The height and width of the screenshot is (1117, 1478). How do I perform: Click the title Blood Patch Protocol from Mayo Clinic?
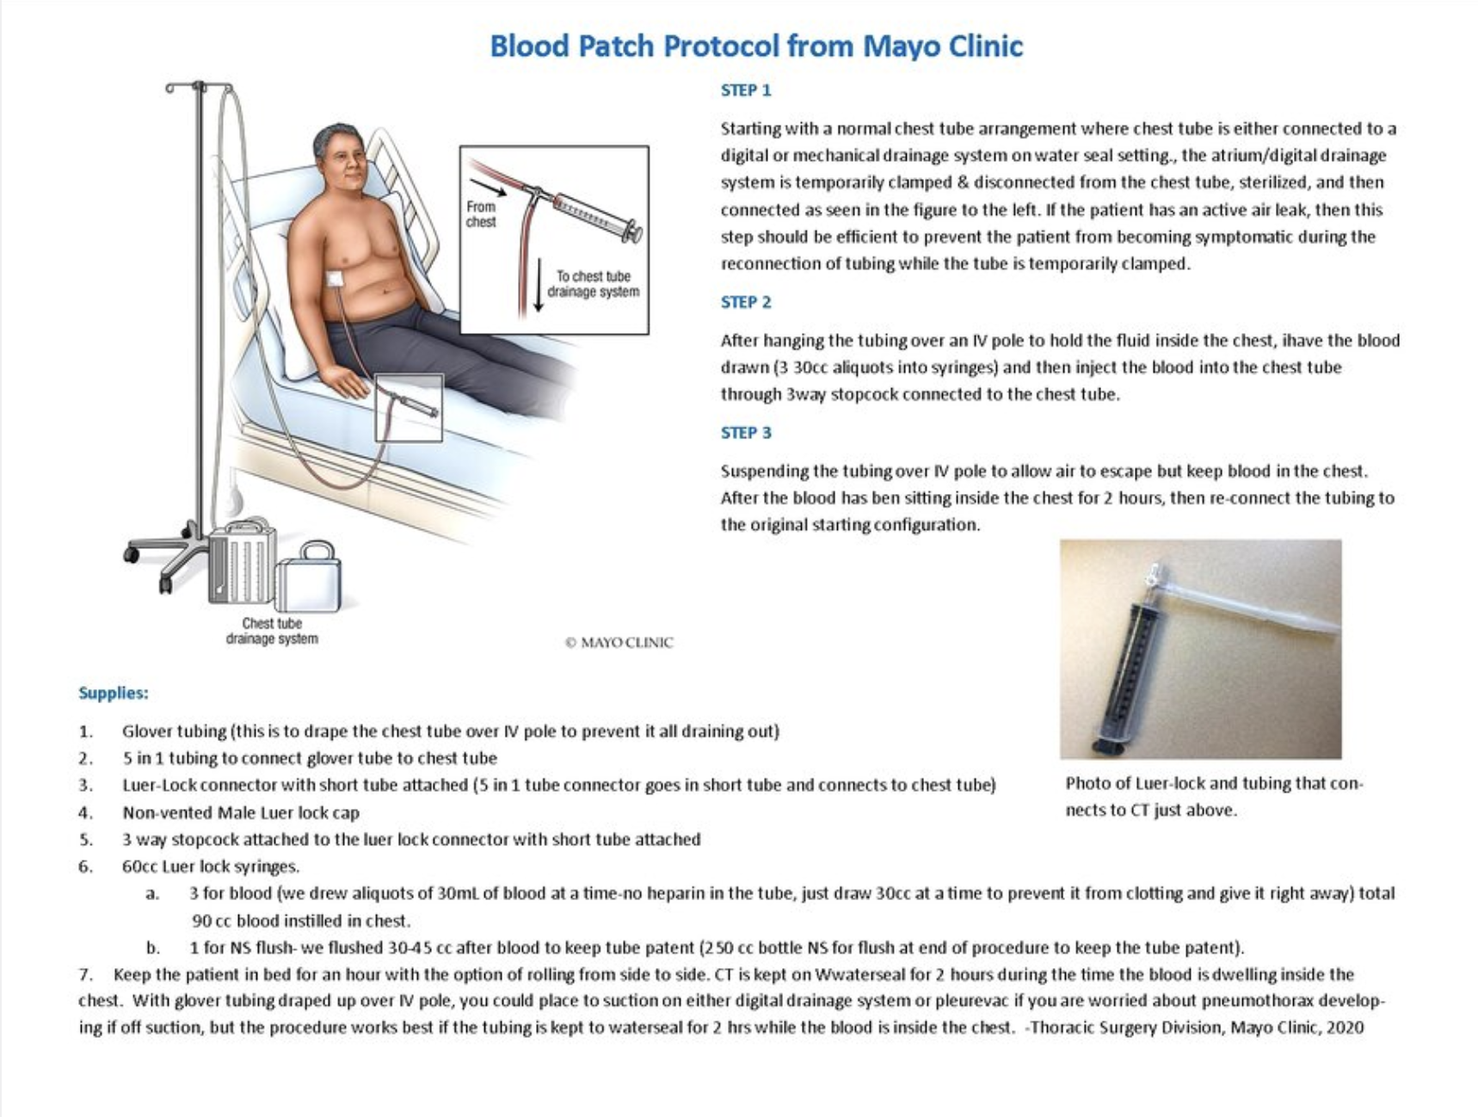click(x=756, y=46)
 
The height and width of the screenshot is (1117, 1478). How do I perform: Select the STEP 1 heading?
click(x=746, y=90)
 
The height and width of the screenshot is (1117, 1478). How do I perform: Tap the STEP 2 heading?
click(x=746, y=302)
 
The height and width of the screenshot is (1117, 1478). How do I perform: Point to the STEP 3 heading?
click(x=746, y=433)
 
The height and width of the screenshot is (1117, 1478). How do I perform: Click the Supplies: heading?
click(x=114, y=693)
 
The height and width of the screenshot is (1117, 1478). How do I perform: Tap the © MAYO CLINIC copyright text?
click(x=619, y=642)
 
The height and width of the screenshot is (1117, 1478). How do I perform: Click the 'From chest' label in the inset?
click(x=481, y=214)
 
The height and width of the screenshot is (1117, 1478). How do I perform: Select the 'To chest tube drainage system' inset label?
click(x=594, y=284)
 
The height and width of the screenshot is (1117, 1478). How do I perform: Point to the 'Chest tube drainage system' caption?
click(x=272, y=631)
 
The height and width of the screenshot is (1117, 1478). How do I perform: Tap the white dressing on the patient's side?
click(x=336, y=280)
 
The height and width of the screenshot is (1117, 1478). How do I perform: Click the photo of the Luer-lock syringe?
click(x=1200, y=649)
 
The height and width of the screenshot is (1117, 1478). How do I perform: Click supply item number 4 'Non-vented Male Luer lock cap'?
click(x=241, y=812)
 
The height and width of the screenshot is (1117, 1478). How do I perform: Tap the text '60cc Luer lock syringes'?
click(x=210, y=867)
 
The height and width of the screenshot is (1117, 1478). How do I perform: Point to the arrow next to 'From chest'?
click(x=488, y=188)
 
